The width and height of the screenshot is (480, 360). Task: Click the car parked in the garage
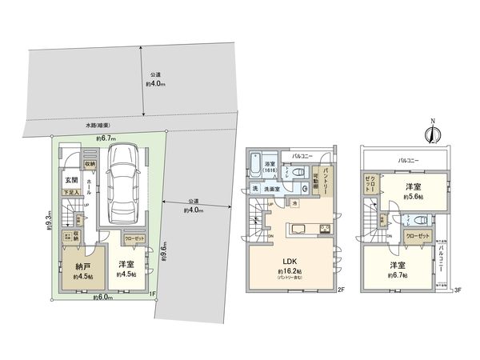tap(124, 182)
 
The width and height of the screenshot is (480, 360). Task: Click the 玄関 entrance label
tap(70, 180)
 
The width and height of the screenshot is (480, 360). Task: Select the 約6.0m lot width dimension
tap(102, 298)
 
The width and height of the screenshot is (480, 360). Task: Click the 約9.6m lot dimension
tap(165, 251)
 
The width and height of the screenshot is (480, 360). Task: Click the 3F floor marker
tap(458, 290)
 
